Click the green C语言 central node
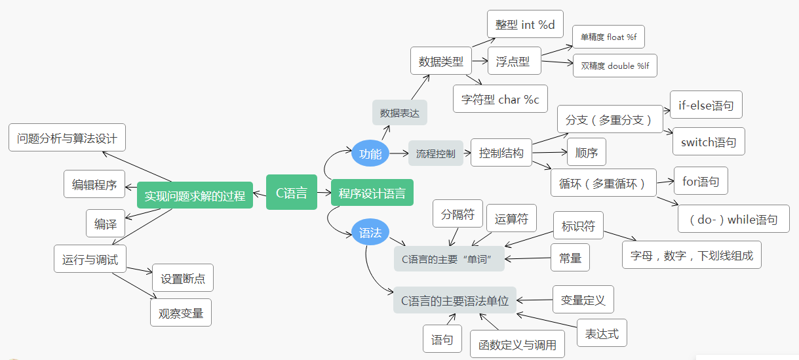[x=291, y=192]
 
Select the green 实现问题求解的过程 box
[x=195, y=195]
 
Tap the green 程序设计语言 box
[x=372, y=193]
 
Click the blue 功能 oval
[x=370, y=153]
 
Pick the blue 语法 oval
[x=370, y=232]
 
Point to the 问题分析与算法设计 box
[x=67, y=138]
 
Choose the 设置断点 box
[x=182, y=278]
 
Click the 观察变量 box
[x=181, y=313]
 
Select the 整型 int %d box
[x=525, y=24]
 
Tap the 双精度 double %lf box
[x=614, y=66]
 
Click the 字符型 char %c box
[x=499, y=99]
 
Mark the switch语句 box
[x=708, y=142]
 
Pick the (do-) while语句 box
[x=733, y=219]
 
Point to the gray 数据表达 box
[x=399, y=113]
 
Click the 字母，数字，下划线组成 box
[x=692, y=255]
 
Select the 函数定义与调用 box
[x=517, y=344]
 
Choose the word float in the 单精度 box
[x=615, y=37]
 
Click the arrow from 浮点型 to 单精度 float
[x=556, y=49]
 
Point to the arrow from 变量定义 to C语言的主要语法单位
[x=534, y=300]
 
